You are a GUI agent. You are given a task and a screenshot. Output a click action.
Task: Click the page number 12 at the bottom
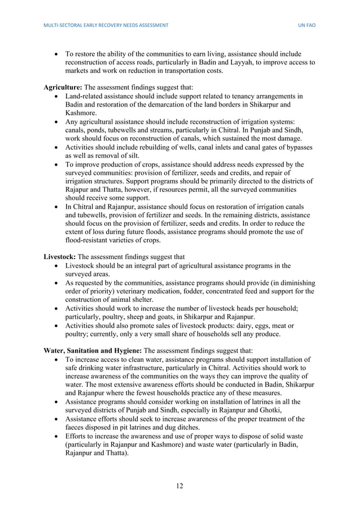click(x=179, y=486)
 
